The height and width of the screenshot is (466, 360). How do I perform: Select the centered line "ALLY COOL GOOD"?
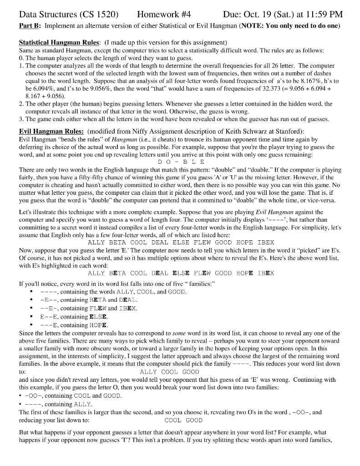[x=170, y=372]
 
